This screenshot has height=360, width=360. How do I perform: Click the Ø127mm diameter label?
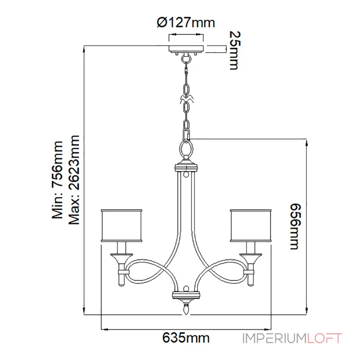(x=186, y=22)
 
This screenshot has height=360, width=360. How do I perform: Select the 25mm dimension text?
(x=235, y=50)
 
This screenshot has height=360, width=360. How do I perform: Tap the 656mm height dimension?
(x=295, y=226)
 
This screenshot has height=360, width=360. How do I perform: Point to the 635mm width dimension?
(x=186, y=338)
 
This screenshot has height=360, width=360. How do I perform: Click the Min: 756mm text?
(x=57, y=180)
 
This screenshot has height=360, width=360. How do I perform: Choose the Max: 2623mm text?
(x=74, y=180)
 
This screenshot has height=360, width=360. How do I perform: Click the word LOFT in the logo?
(x=324, y=338)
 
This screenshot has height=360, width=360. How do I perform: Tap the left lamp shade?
(x=121, y=225)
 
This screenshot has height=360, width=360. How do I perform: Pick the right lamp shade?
(x=251, y=225)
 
